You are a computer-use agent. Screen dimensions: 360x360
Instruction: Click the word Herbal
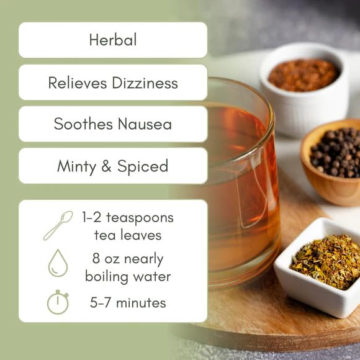(113, 40)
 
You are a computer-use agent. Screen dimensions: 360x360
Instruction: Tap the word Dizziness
(145, 83)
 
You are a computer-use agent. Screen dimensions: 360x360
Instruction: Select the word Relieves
(78, 83)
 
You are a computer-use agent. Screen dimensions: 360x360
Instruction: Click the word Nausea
(145, 124)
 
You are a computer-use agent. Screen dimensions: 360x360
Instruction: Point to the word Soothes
(83, 124)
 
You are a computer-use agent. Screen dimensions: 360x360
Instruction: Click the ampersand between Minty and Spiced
(106, 166)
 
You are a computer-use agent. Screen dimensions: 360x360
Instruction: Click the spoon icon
(58, 225)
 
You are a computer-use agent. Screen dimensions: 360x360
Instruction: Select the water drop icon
(58, 263)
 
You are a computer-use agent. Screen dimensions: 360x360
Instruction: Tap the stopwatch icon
(58, 302)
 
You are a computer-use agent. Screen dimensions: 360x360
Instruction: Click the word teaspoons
(140, 218)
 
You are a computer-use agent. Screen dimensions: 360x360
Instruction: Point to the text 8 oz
(106, 258)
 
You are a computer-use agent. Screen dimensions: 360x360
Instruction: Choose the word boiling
(107, 277)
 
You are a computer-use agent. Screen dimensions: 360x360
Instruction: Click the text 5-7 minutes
(128, 303)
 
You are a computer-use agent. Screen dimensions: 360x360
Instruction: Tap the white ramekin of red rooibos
(304, 89)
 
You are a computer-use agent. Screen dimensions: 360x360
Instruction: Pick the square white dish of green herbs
(317, 268)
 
